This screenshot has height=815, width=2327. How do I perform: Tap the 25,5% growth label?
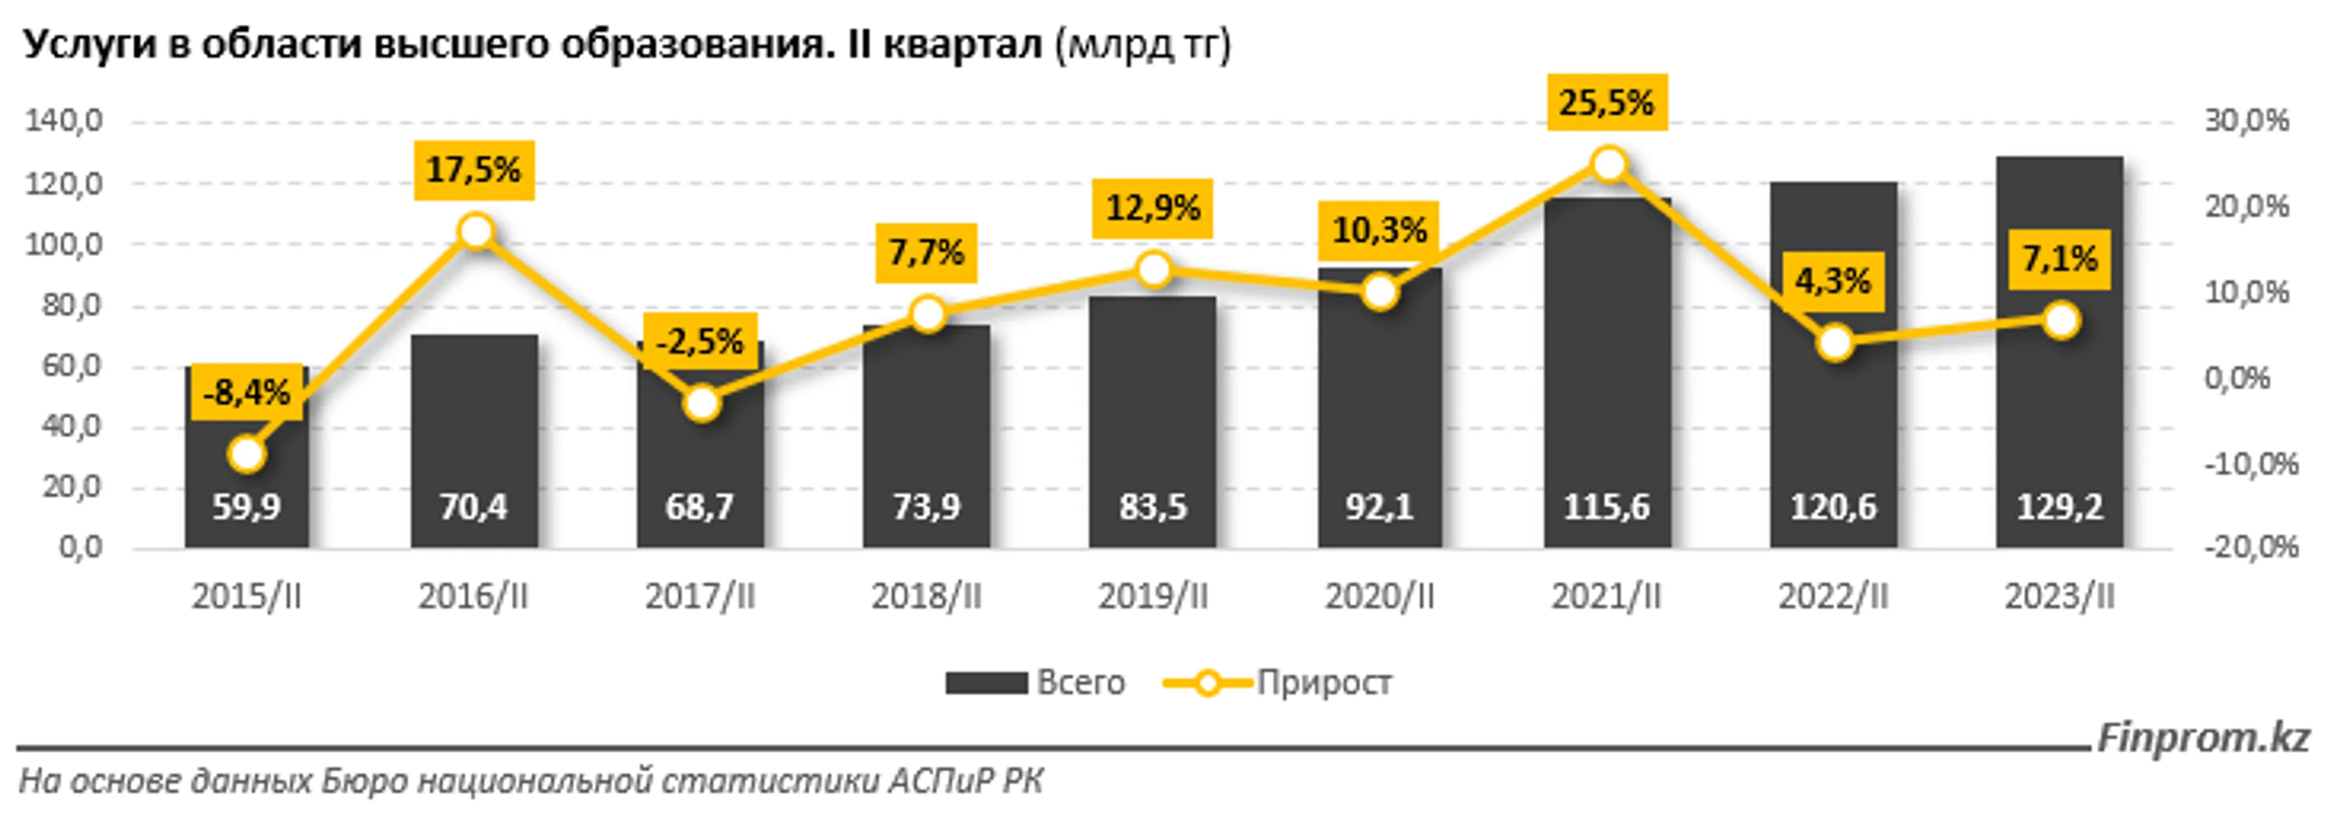1607,102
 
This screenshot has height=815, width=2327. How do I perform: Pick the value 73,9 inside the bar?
926,507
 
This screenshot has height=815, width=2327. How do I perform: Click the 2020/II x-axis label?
1379,596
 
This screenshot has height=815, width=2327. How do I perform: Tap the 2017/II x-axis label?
700,596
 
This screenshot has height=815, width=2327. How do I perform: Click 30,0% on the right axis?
2246,120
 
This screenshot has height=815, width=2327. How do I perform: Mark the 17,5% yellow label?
474,169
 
